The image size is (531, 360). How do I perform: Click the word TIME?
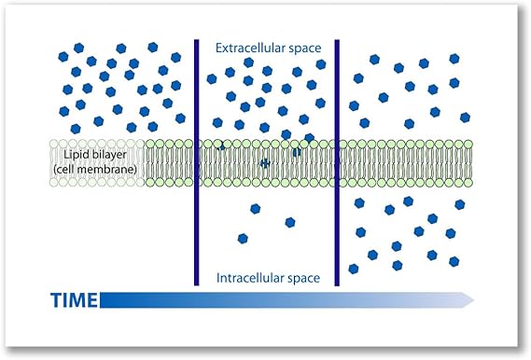click(73, 299)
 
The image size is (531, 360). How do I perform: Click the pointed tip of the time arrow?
click(473, 299)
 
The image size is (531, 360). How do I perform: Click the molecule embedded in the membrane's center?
click(265, 163)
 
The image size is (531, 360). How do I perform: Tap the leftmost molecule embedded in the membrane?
click(221, 146)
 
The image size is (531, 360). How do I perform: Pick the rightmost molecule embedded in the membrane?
click(296, 151)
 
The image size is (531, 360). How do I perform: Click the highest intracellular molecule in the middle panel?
click(255, 208)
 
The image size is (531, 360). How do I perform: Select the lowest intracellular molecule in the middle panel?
click(243, 238)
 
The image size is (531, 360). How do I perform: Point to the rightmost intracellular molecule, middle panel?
click(290, 222)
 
